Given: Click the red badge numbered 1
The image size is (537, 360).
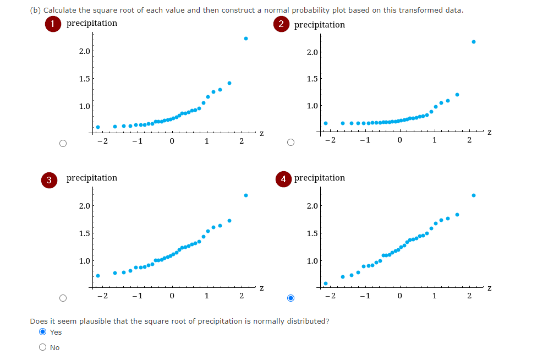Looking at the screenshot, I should pyautogui.click(x=53, y=24).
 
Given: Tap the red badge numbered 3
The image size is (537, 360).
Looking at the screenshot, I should pyautogui.click(x=50, y=179).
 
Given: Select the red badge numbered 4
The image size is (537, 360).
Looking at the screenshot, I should pyautogui.click(x=283, y=179).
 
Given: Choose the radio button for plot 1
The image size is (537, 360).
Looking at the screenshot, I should pyautogui.click(x=63, y=144).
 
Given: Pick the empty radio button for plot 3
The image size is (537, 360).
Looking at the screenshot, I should pyautogui.click(x=63, y=298).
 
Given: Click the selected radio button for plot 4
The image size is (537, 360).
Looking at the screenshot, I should pyautogui.click(x=292, y=298).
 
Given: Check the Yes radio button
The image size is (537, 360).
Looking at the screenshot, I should pyautogui.click(x=42, y=332).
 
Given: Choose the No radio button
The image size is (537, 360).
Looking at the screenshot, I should pyautogui.click(x=42, y=347).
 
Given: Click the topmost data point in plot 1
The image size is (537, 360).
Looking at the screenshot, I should pyautogui.click(x=246, y=39).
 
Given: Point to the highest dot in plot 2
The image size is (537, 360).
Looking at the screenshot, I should pyautogui.click(x=474, y=42).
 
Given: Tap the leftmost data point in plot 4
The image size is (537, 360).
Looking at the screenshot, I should pyautogui.click(x=326, y=283).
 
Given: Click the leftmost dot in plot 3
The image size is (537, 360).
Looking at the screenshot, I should pyautogui.click(x=98, y=276).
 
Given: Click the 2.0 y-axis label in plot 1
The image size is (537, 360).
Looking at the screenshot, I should pyautogui.click(x=85, y=52).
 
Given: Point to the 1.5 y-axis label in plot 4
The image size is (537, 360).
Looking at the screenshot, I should pyautogui.click(x=313, y=233).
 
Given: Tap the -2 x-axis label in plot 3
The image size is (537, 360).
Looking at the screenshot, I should pyautogui.click(x=101, y=296).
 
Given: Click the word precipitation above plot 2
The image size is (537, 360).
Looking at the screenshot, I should pyautogui.click(x=320, y=25).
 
